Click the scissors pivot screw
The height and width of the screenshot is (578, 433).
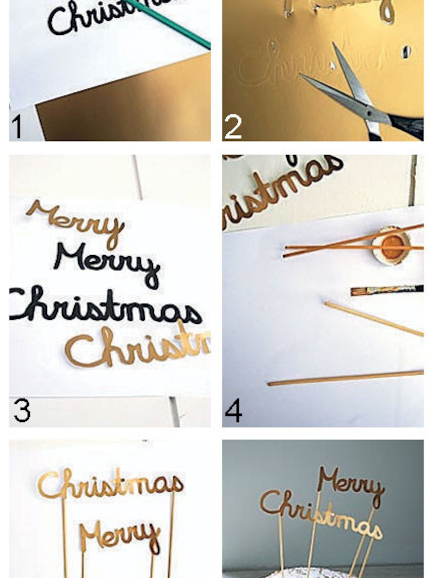point(369,114)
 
